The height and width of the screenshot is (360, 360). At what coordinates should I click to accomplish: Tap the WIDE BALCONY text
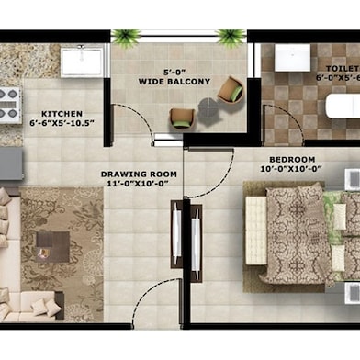click(174, 82)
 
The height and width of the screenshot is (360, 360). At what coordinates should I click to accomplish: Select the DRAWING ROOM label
click(136, 173)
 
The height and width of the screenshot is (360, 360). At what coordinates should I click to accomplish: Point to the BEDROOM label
click(288, 158)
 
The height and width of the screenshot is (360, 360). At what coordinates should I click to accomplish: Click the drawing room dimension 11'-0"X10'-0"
click(136, 184)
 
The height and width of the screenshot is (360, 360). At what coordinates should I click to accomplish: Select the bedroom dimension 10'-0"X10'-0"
click(288, 169)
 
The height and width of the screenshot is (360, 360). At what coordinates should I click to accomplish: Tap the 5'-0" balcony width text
click(174, 72)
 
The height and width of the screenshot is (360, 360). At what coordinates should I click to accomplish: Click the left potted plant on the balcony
click(126, 37)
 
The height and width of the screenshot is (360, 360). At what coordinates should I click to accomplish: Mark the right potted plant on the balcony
click(231, 37)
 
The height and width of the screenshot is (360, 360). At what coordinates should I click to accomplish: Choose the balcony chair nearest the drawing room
click(182, 117)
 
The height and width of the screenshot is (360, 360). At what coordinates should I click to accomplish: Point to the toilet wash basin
click(292, 57)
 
